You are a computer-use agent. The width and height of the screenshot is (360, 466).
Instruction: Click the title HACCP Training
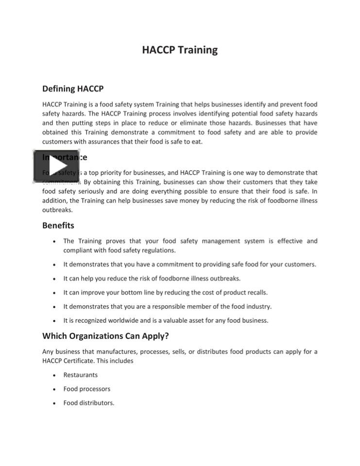pyautogui.click(x=180, y=50)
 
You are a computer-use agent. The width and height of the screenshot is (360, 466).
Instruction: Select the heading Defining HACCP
pyautogui.click(x=73, y=89)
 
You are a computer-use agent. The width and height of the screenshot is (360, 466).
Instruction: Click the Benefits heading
pyautogui.click(x=58, y=225)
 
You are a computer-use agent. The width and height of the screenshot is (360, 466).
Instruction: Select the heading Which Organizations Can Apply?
pyautogui.click(x=105, y=336)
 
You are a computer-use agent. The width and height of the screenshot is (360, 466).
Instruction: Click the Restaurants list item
pyautogui.click(x=80, y=375)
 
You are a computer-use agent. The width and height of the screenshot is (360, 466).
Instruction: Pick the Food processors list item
pyautogui.click(x=86, y=389)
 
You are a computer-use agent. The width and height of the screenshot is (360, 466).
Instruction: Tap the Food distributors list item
pyautogui.click(x=88, y=403)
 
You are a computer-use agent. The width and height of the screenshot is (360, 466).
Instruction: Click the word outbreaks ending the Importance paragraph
pyautogui.click(x=57, y=210)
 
